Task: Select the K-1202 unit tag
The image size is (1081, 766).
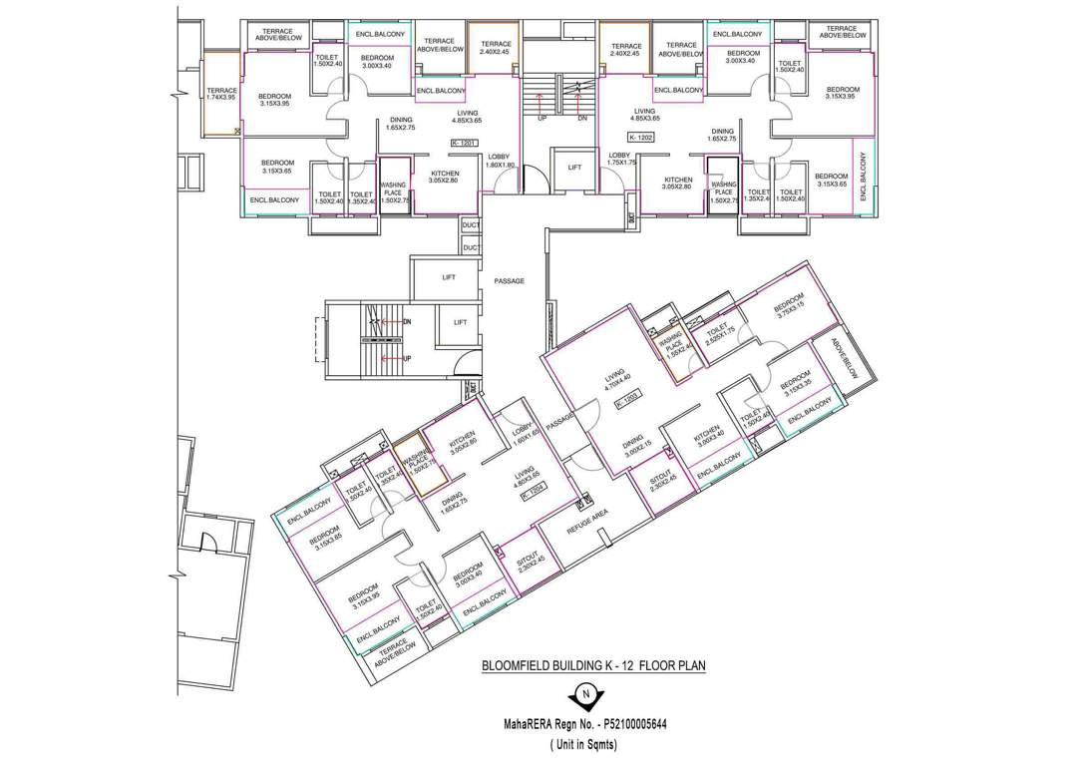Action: coord(641,136)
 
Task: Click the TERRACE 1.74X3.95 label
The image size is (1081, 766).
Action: coord(221,94)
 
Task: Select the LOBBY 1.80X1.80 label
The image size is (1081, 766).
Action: coord(499,161)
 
